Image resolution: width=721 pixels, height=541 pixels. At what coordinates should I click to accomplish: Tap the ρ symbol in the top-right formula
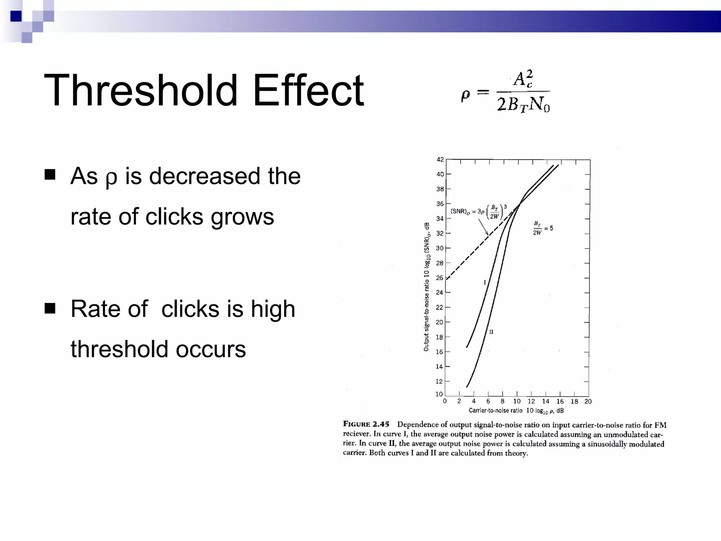[465, 95]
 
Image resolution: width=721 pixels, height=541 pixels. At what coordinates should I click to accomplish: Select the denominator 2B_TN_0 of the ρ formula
[523, 104]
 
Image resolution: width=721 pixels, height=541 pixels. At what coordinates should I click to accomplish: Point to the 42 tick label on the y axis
[440, 160]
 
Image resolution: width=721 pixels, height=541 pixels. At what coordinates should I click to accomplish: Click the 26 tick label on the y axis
[440, 278]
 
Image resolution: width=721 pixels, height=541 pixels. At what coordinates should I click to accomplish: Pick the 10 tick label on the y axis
[439, 394]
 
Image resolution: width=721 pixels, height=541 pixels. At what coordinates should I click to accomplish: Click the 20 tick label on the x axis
[588, 402]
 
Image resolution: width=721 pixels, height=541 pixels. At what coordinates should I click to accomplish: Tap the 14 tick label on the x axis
[545, 402]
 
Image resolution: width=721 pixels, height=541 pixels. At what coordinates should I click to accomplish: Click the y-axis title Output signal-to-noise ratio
[427, 287]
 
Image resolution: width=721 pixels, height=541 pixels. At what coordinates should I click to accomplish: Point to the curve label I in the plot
[485, 282]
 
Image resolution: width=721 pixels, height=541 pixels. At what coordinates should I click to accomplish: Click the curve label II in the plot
[491, 332]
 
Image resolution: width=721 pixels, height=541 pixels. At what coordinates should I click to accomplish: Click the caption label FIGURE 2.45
[366, 424]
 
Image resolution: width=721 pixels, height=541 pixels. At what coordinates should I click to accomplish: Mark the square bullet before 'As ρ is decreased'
[50, 174]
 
